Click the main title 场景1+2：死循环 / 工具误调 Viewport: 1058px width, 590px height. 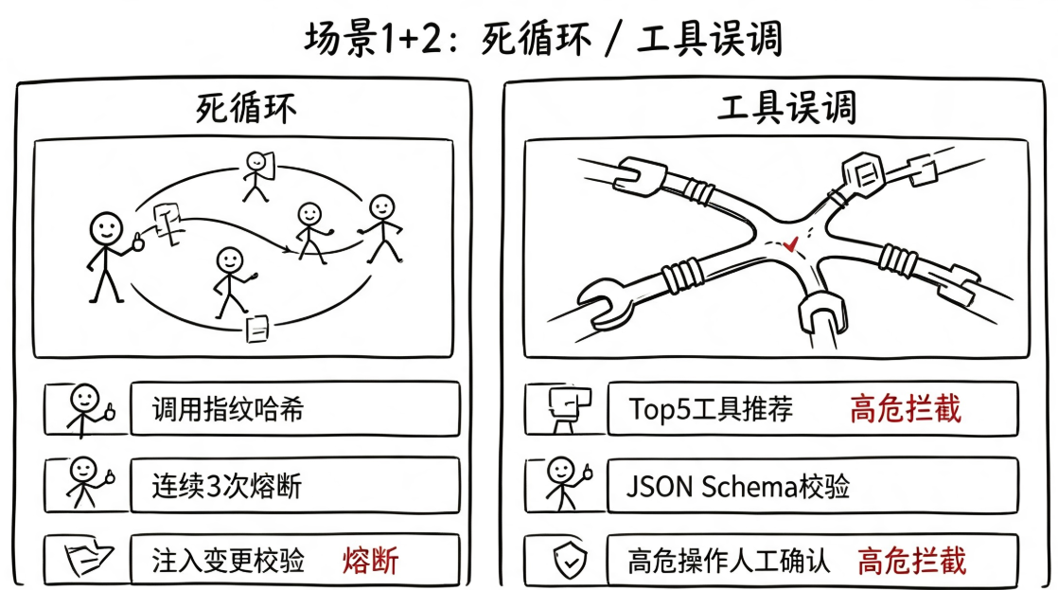(543, 39)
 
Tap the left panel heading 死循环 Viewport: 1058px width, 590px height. (246, 108)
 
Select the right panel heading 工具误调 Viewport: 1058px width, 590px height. (786, 108)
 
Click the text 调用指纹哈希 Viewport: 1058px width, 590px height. (228, 409)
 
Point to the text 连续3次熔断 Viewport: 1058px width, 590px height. (227, 486)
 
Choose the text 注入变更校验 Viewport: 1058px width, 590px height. (228, 561)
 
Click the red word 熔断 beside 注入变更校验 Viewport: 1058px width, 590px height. (370, 561)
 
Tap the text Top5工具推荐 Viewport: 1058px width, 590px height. (711, 409)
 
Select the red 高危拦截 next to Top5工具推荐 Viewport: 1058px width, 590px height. (906, 409)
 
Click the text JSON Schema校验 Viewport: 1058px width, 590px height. (738, 486)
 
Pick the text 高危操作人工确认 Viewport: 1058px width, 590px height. (729, 561)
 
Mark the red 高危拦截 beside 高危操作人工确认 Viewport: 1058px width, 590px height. (912, 561)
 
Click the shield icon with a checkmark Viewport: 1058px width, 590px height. (570, 560)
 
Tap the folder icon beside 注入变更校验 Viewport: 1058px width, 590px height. (88, 558)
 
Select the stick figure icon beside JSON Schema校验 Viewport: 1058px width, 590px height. (568, 483)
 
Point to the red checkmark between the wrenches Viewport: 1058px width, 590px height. (790, 243)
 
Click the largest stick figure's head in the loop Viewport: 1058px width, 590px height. (107, 229)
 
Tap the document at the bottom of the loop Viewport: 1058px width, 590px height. (257, 329)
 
